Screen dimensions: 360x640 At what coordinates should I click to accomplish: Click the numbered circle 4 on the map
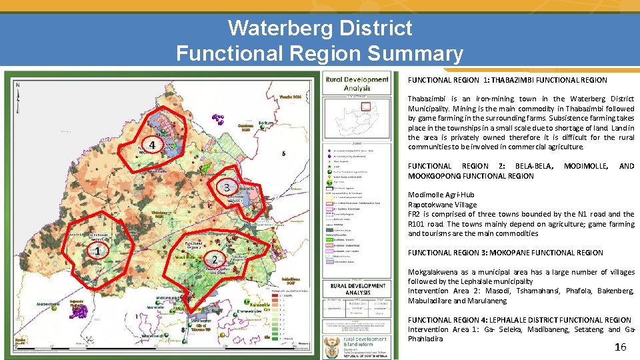[x=152, y=145]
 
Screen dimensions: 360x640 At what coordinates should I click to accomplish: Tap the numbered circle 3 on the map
[x=227, y=187]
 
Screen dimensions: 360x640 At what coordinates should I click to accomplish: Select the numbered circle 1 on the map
[x=97, y=251]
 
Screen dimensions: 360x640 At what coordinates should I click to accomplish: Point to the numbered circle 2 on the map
[x=214, y=259]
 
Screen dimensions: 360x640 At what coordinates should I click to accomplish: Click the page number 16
[x=620, y=347]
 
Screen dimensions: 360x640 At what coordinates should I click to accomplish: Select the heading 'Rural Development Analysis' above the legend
[x=357, y=83]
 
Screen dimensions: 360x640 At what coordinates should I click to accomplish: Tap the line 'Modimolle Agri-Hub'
[x=441, y=195]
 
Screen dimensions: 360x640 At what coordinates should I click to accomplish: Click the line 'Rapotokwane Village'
[x=443, y=205]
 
